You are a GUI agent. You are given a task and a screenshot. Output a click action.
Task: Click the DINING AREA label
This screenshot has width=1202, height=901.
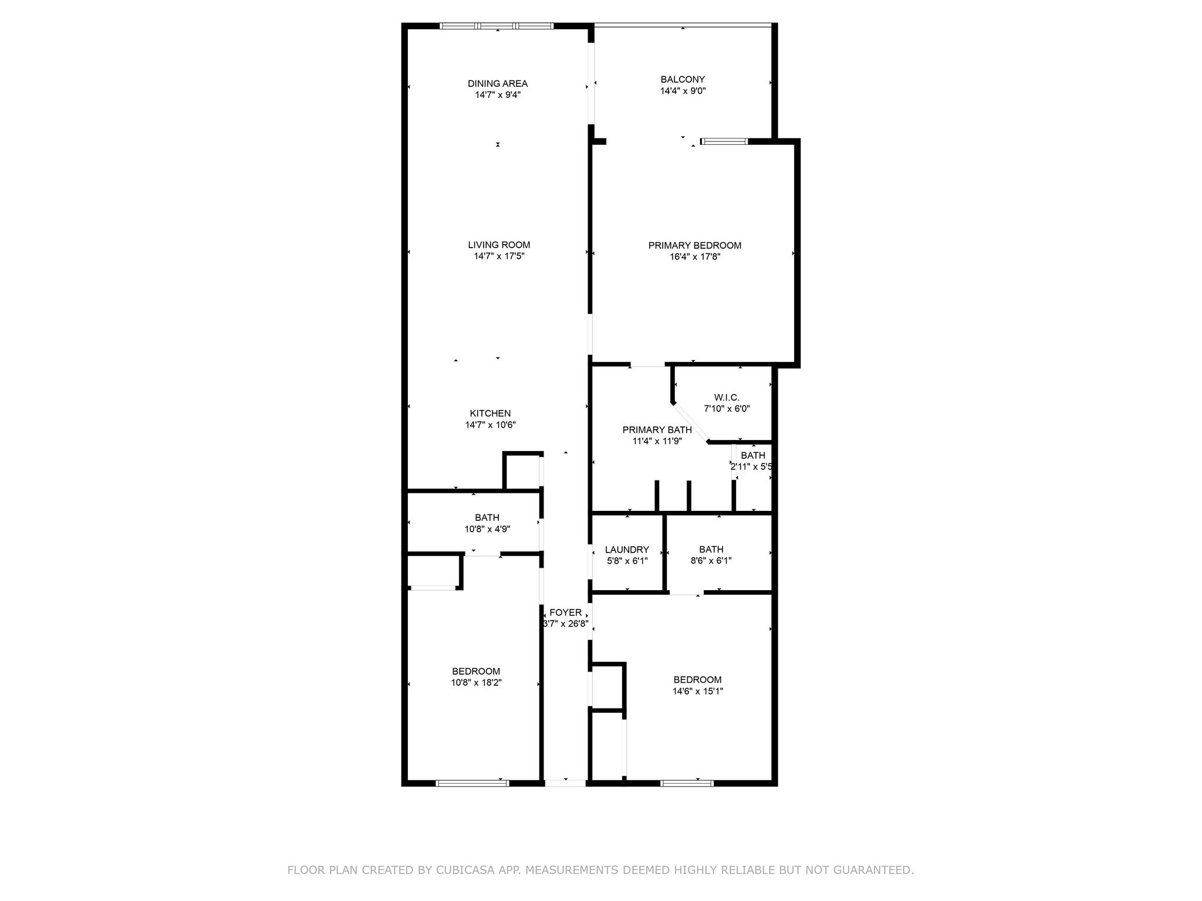(x=497, y=83)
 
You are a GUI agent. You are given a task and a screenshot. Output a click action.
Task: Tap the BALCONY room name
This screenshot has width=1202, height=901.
(x=683, y=79)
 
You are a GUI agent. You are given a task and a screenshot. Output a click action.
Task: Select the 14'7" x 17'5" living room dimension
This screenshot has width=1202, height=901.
(x=499, y=256)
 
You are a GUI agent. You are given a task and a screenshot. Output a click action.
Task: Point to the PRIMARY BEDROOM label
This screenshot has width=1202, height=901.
(x=694, y=245)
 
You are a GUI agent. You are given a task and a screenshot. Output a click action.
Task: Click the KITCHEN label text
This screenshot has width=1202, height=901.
(x=490, y=414)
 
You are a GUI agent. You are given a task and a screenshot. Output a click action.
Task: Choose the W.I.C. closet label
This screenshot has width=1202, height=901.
(x=727, y=397)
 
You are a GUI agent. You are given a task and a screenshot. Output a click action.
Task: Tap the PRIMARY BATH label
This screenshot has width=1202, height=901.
(x=657, y=430)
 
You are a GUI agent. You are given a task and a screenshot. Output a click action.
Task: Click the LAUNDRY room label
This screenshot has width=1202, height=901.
(x=627, y=550)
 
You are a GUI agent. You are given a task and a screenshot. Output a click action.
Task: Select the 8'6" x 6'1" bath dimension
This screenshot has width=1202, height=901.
(x=711, y=561)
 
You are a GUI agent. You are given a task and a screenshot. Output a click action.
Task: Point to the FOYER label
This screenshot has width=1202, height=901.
(x=565, y=612)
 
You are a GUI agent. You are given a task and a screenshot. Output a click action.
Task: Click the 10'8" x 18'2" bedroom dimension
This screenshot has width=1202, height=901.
(x=476, y=683)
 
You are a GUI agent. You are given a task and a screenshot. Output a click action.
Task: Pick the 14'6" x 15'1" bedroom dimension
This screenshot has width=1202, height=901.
(x=697, y=691)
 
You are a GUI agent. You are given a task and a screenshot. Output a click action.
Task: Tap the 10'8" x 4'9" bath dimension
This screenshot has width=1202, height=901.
(x=487, y=529)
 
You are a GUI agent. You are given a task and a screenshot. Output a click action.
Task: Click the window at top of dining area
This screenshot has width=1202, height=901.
(x=497, y=26)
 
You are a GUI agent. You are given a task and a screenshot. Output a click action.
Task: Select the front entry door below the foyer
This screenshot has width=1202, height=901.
(x=565, y=783)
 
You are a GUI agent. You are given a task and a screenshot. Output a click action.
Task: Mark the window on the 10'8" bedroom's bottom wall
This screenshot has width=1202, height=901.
(x=472, y=783)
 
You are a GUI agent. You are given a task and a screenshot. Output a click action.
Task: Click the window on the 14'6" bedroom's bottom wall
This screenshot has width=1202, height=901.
(x=687, y=783)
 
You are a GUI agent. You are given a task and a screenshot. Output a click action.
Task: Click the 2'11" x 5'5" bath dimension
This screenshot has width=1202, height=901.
(x=751, y=467)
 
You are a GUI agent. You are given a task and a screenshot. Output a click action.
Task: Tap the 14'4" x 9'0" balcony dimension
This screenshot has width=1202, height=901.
(x=683, y=91)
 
